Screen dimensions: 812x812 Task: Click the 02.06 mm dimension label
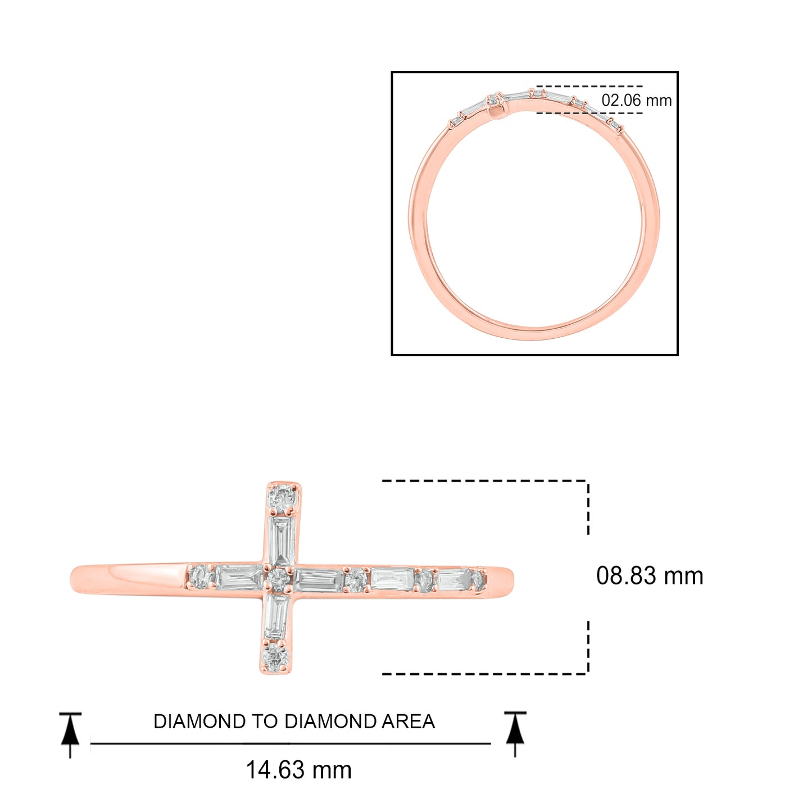(x=636, y=101)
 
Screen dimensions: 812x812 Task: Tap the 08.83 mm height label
(x=650, y=576)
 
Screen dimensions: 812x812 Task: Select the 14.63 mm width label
(x=298, y=770)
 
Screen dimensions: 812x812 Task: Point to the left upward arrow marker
(x=70, y=733)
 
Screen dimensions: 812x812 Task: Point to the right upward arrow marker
(x=515, y=732)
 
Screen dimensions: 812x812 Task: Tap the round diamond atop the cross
(x=282, y=497)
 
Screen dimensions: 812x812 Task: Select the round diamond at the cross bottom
(x=276, y=656)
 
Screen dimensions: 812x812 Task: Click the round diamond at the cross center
(x=279, y=578)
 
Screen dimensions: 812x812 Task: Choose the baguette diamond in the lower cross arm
(x=277, y=617)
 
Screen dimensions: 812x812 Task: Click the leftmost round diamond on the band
(x=199, y=577)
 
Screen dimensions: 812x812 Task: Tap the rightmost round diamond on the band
(x=478, y=580)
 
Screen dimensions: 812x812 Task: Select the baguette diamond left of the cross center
(x=239, y=577)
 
